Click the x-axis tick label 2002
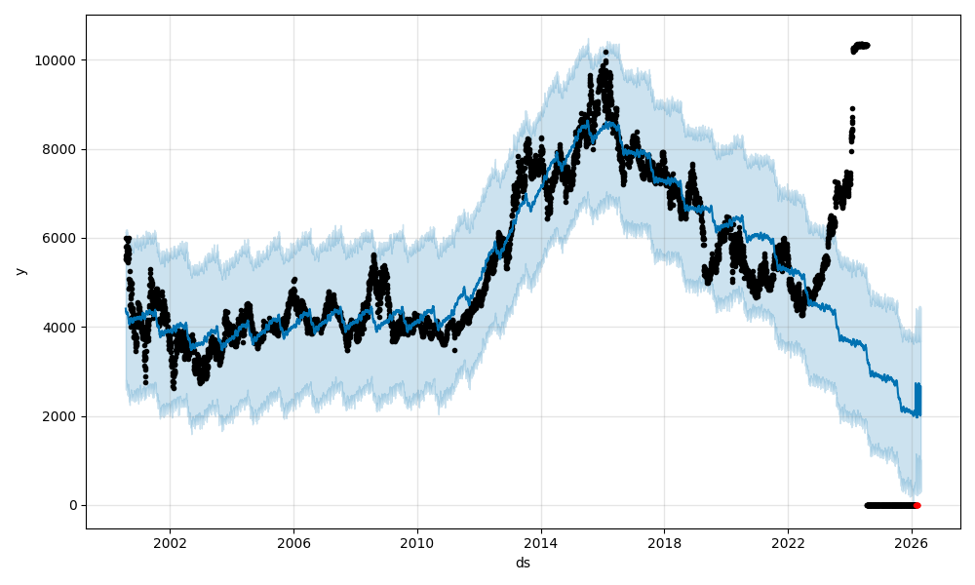pyautogui.click(x=170, y=541)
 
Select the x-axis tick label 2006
pyautogui.click(x=293, y=541)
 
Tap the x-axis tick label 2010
pyautogui.click(x=417, y=541)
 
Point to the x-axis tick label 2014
pyautogui.click(x=541, y=541)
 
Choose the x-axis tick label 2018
pyautogui.click(x=665, y=541)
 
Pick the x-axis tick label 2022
pyautogui.click(x=788, y=541)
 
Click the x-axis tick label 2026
pyautogui.click(x=912, y=541)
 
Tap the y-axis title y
pyautogui.click(x=19, y=272)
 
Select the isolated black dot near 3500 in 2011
pyautogui.click(x=454, y=349)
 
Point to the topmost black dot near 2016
pyautogui.click(x=605, y=52)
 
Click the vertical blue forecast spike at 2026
pyautogui.click(x=917, y=400)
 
